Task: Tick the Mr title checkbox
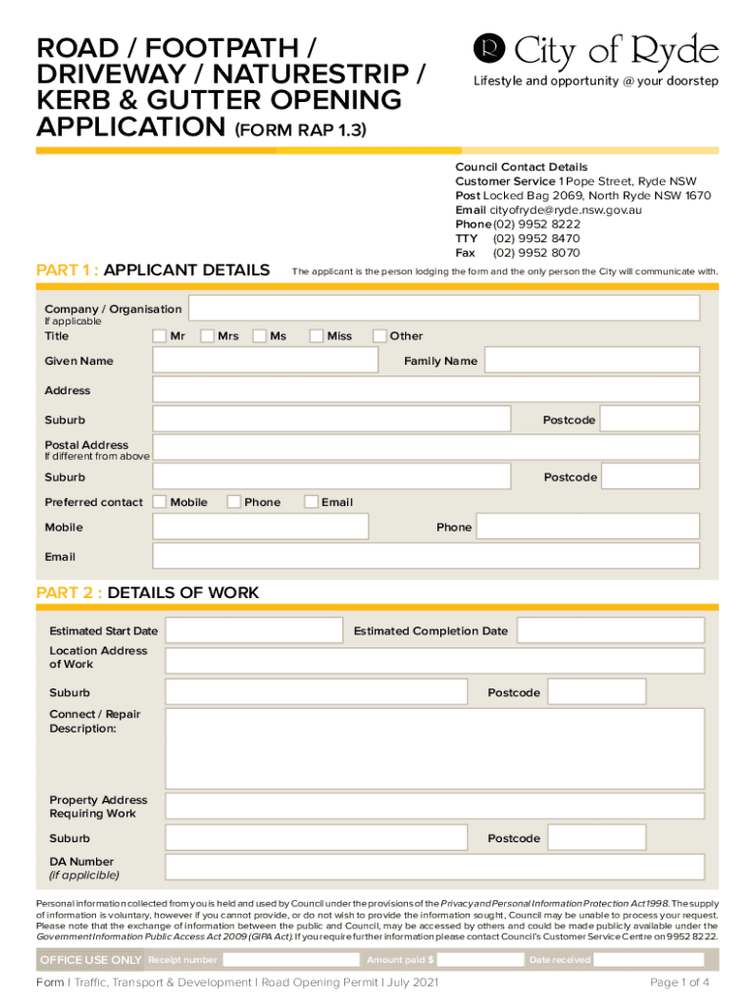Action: [160, 336]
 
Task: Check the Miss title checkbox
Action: [316, 336]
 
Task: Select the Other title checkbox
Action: [379, 336]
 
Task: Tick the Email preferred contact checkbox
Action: [311, 502]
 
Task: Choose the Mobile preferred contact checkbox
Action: [160, 502]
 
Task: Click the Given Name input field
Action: [265, 361]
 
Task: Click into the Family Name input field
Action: [592, 361]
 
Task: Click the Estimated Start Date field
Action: [253, 630]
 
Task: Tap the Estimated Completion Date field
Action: [610, 630]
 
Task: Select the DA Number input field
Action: [434, 867]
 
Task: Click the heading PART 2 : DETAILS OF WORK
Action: [148, 592]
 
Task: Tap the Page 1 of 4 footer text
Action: [679, 982]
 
